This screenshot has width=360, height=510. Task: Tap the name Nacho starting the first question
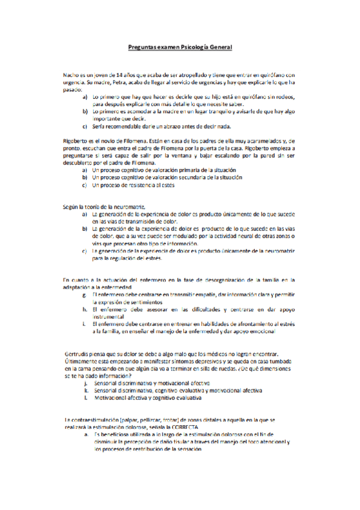(71, 74)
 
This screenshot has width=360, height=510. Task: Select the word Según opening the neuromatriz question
(72, 206)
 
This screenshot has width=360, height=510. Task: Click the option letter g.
(85, 295)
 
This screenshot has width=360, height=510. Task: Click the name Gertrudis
(79, 353)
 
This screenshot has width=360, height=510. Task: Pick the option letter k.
(86, 390)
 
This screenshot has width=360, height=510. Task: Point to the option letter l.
(86, 398)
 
